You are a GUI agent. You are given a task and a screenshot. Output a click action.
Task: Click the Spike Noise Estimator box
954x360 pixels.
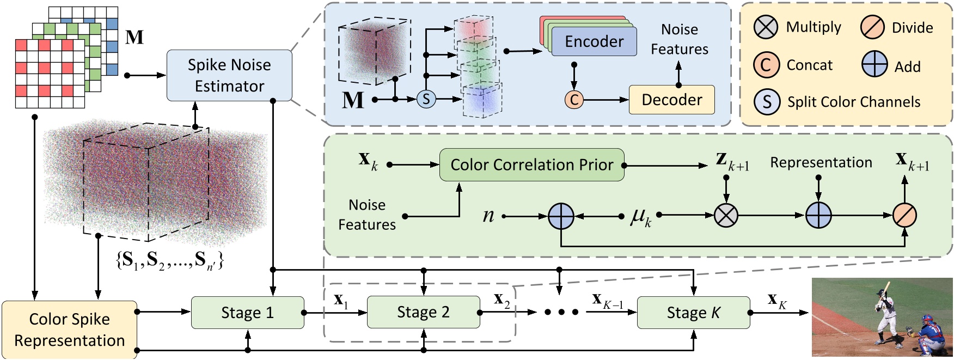(229, 75)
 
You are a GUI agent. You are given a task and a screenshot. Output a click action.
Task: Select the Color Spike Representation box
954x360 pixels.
(69, 330)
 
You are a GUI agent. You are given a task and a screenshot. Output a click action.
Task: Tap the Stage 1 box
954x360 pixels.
(247, 313)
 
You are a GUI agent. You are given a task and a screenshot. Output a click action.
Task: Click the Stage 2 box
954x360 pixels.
(423, 312)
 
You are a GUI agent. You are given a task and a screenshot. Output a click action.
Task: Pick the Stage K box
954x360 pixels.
(693, 313)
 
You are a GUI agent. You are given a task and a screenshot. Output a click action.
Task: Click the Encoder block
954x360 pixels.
(594, 41)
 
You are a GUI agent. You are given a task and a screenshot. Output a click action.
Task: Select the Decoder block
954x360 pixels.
(671, 100)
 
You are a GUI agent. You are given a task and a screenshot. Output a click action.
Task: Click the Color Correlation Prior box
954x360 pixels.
(531, 164)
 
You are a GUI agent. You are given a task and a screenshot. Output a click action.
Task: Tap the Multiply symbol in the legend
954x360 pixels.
(766, 27)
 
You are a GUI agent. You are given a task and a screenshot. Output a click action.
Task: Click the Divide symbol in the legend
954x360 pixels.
(872, 27)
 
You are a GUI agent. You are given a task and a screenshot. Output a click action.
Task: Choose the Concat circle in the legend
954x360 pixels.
(766, 65)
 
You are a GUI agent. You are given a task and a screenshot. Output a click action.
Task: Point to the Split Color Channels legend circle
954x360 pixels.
(767, 102)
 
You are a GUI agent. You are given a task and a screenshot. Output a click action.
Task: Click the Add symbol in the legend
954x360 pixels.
(874, 65)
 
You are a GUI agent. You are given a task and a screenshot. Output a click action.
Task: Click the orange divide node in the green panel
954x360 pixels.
(904, 216)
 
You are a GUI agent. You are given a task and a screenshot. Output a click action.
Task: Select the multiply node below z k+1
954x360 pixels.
(726, 216)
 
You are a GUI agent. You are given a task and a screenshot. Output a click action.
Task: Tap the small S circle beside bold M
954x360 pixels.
(426, 99)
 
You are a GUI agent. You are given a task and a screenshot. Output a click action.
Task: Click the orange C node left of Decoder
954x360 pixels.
(574, 100)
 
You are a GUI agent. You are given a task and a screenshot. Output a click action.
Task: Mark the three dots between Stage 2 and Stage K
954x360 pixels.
(561, 313)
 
